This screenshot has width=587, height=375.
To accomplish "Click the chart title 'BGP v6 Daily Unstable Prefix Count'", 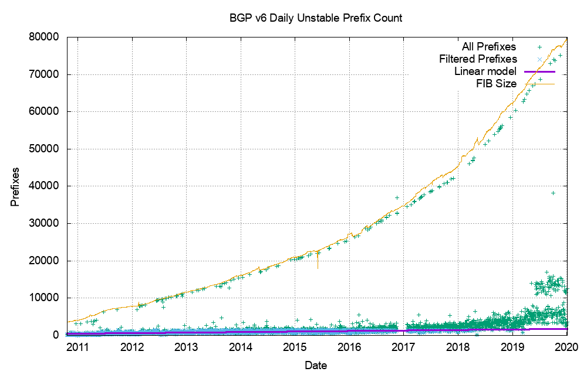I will pyautogui.click(x=316, y=18).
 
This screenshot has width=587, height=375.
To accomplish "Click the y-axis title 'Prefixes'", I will pyautogui.click(x=15, y=186).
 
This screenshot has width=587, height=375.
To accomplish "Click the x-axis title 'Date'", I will pyautogui.click(x=316, y=365).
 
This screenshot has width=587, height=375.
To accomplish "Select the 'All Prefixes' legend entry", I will pyautogui.click(x=488, y=46).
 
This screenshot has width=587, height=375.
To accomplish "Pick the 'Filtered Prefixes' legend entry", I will pyautogui.click(x=478, y=59).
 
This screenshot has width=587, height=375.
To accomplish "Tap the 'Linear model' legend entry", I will pyautogui.click(x=485, y=71).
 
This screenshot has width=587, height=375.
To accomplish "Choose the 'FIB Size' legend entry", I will pyautogui.click(x=496, y=84).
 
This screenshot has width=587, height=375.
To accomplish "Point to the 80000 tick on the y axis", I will pyautogui.click(x=46, y=37).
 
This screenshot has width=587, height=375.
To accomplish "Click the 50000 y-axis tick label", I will pyautogui.click(x=46, y=149).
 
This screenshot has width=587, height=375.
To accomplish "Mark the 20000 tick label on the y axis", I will pyautogui.click(x=46, y=261).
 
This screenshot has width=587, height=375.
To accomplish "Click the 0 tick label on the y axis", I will pyautogui.click(x=56, y=335).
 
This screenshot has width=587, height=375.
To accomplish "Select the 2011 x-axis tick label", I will pyautogui.click(x=77, y=347).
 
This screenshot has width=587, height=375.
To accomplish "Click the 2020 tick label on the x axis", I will pyautogui.click(x=568, y=347).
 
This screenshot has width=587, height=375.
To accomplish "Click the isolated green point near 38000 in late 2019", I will pyautogui.click(x=553, y=193).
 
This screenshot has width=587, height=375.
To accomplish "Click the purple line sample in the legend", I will pyautogui.click(x=539, y=71).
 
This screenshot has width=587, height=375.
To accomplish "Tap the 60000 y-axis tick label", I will pyautogui.click(x=46, y=111).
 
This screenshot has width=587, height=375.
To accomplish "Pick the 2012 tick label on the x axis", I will pyautogui.click(x=132, y=347).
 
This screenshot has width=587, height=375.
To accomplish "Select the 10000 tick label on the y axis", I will pyautogui.click(x=46, y=298).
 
